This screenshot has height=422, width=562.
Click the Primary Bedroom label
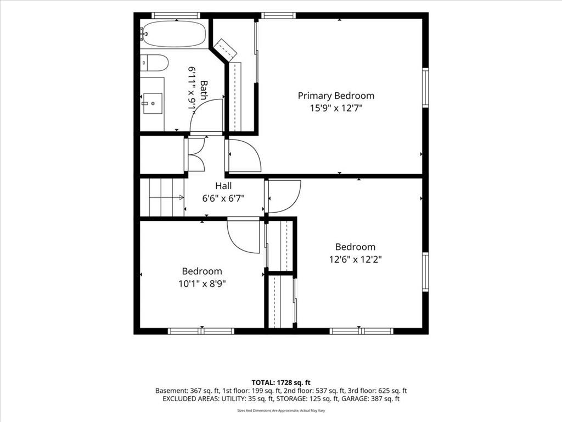coord(336,96)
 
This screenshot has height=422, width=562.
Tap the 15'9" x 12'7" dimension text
coord(336,108)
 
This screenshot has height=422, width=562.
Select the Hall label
coord(223,186)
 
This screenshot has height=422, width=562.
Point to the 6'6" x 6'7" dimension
coord(223,198)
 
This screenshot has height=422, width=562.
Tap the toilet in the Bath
coord(154,63)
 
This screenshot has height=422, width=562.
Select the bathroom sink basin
coord(153,103)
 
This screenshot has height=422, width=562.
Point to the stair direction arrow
coord(166,197)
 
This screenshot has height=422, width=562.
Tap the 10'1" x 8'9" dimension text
coord(202,284)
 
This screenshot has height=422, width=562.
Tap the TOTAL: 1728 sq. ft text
coord(280,382)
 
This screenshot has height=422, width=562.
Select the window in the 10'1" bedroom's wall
coord(201,331)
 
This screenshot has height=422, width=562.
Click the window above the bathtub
coord(176,15)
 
